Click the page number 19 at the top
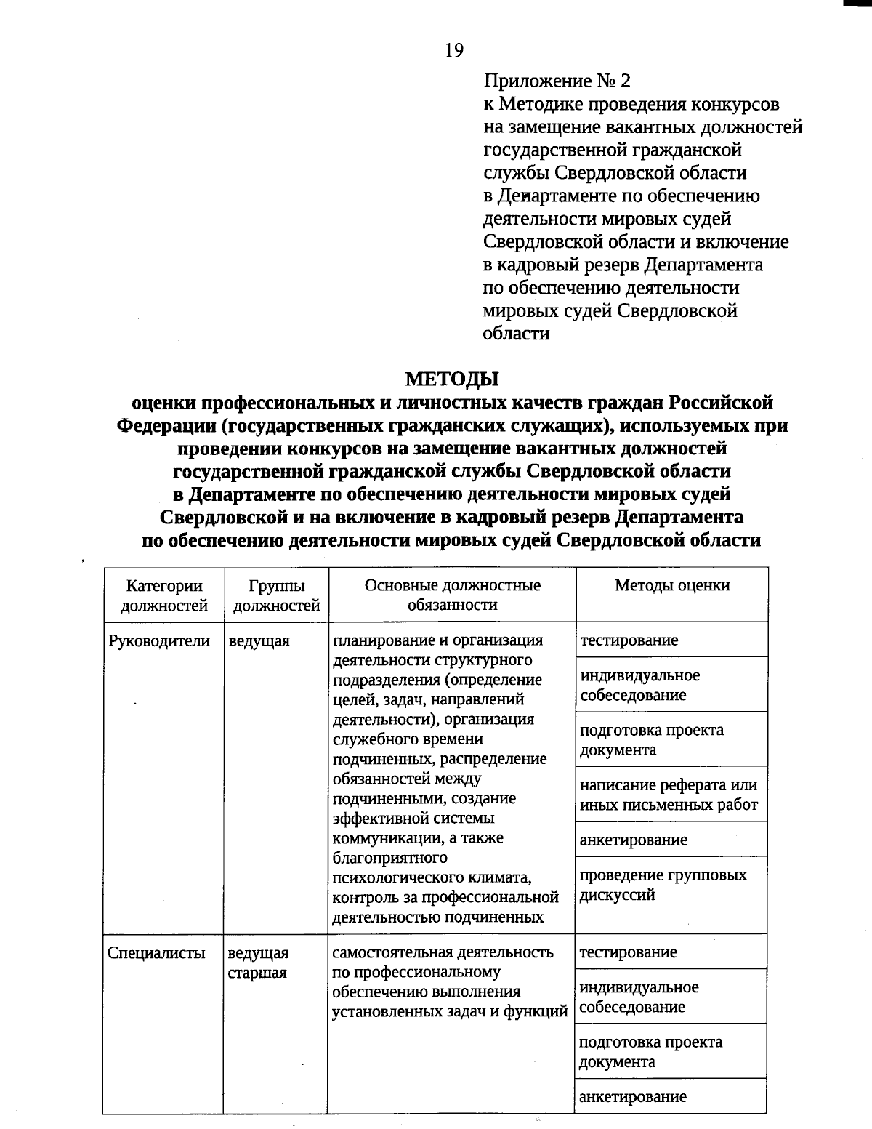pyautogui.click(x=453, y=50)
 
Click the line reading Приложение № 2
pyautogui.click(x=557, y=81)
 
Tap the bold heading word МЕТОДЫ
pyautogui.click(x=452, y=379)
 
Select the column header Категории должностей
pyautogui.click(x=164, y=595)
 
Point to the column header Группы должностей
pyautogui.click(x=276, y=595)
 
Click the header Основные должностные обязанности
pyautogui.click(x=452, y=595)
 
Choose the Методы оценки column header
pyautogui.click(x=671, y=586)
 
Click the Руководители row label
pyautogui.click(x=159, y=641)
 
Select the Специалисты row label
pyautogui.click(x=156, y=953)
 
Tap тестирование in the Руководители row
pyautogui.click(x=629, y=640)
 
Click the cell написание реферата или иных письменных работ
pyautogui.click(x=669, y=795)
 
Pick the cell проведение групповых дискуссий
pyautogui.click(x=663, y=885)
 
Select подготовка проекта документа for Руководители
pyautogui.click(x=651, y=739)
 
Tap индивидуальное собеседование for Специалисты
pyautogui.click(x=639, y=997)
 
